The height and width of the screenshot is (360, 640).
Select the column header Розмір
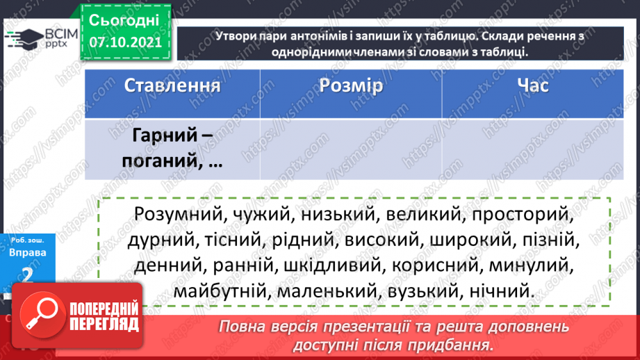click(352, 86)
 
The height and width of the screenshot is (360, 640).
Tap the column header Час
click(532, 86)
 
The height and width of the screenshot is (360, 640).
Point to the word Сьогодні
click(124, 19)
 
